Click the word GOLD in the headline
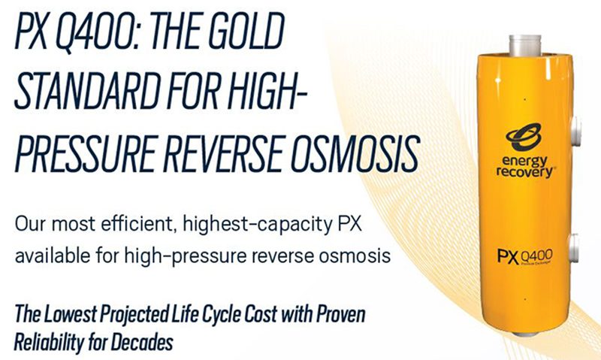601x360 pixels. coord(246,31)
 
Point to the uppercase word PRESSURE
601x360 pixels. coord(84,153)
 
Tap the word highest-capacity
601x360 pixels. coord(258,225)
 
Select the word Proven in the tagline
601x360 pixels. coord(340,314)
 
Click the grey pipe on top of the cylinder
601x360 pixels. coord(524,45)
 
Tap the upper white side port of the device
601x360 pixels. coord(575,131)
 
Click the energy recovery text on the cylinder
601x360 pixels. coord(525,166)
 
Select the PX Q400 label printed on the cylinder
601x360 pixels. coord(525,256)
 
